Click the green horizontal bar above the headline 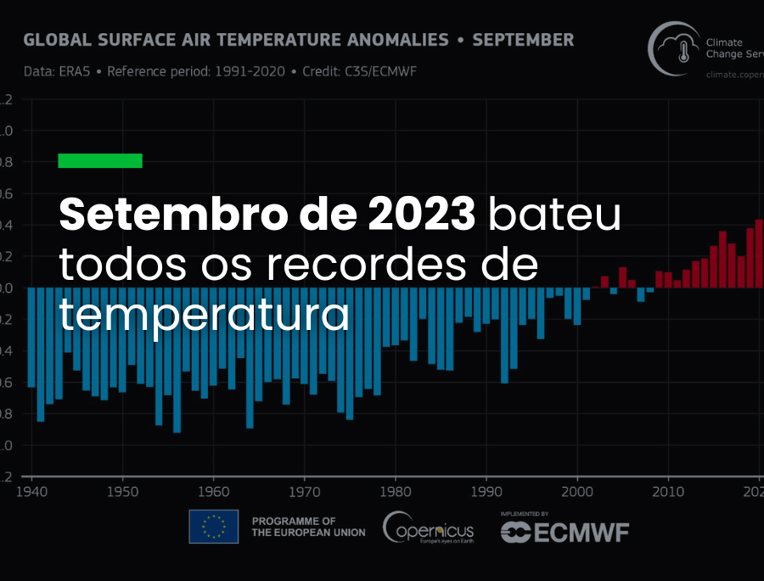coord(100,161)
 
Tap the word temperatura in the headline coord(204,315)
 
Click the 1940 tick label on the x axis coord(31,492)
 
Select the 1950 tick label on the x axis coord(122,492)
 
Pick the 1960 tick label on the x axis coord(213,492)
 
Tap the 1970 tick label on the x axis coord(304,492)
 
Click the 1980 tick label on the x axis coord(396,492)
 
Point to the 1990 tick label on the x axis coord(486,492)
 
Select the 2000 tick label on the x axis coord(577,492)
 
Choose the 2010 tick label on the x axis coord(668,492)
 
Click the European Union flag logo coord(213,527)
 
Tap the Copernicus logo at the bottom coord(428,528)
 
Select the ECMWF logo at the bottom coord(565,532)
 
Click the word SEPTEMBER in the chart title coord(523,40)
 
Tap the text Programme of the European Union coord(308,527)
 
